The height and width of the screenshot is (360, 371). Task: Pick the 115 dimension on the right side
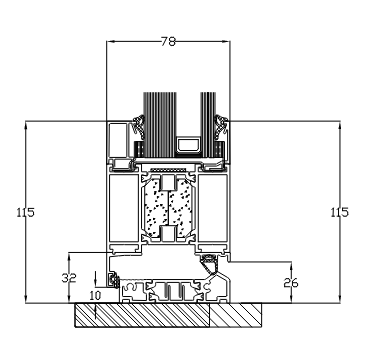click(x=341, y=212)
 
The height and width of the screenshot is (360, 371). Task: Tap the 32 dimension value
click(x=68, y=277)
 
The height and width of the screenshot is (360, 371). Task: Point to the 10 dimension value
click(x=95, y=297)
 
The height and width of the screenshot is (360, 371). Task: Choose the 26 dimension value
click(x=291, y=282)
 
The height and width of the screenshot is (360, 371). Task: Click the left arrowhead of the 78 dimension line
click(x=111, y=42)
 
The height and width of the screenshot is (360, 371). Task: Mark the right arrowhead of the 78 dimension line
click(x=224, y=42)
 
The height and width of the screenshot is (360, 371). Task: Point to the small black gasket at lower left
click(x=115, y=279)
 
